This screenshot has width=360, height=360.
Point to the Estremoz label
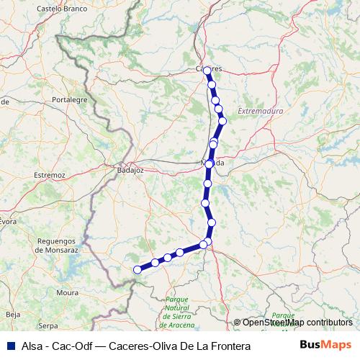pos(50,175)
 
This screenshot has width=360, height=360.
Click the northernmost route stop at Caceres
pos(207,71)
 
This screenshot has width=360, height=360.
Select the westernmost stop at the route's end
pos(138,270)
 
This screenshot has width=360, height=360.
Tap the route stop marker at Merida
pos(209,164)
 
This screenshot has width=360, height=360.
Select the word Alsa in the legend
pos(33,346)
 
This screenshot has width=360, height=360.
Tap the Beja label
pos(13,315)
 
